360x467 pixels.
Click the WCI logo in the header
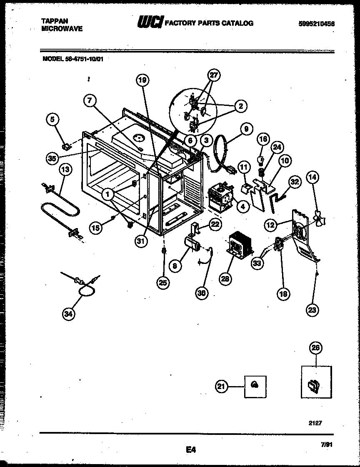[x=150, y=23]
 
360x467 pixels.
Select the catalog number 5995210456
[x=316, y=24]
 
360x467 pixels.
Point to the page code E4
[x=190, y=449]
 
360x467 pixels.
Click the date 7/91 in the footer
[x=327, y=445]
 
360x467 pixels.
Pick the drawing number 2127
[x=315, y=423]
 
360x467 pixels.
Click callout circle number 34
[x=68, y=315]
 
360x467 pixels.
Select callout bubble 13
[x=65, y=169]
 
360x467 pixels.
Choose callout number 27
[x=214, y=75]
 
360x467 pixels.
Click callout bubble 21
[x=221, y=387]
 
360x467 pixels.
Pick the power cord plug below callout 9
[x=228, y=171]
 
